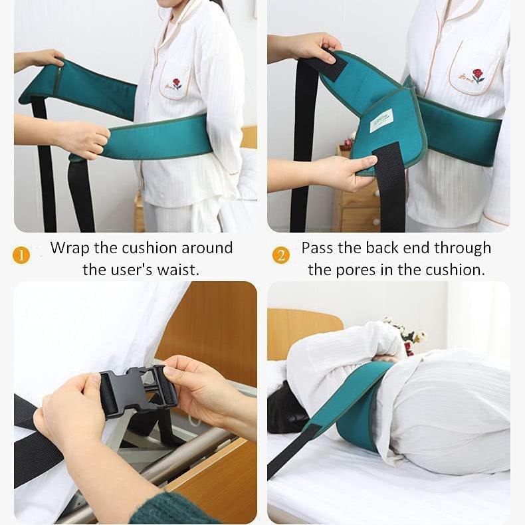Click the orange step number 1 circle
coord(21,255)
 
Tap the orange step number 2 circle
coord(281,255)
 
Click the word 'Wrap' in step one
coord(70,248)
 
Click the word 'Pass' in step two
coord(314,248)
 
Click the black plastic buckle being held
coord(138,388)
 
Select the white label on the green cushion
coord(381,120)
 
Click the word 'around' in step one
coord(207,248)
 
